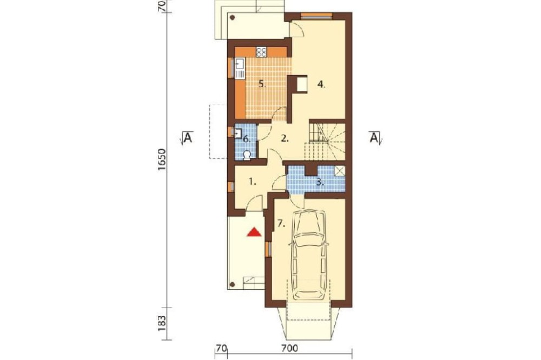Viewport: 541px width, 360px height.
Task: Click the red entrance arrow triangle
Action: (x=255, y=232)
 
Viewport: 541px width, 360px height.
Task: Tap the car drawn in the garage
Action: (x=308, y=255)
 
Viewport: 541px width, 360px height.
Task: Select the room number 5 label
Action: (x=262, y=84)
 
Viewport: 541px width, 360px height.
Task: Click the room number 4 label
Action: (x=321, y=84)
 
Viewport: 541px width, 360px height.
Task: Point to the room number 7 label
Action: (x=281, y=224)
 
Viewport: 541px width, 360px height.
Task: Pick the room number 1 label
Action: (x=253, y=182)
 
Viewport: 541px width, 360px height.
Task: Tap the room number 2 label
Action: (x=285, y=139)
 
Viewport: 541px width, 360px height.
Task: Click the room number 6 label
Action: (x=246, y=139)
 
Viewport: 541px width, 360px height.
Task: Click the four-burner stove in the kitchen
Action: (x=261, y=52)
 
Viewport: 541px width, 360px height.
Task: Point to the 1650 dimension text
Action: (x=162, y=159)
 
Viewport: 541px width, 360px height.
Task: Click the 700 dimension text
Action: (x=289, y=349)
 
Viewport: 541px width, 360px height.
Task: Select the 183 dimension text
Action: (x=162, y=323)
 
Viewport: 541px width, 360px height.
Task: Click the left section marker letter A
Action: (x=187, y=138)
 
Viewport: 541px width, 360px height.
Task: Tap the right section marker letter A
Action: (x=374, y=138)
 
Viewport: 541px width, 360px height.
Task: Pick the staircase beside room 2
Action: (x=325, y=142)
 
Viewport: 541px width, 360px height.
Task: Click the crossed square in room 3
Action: (x=340, y=171)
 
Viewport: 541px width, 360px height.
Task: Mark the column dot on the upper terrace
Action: (x=233, y=17)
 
